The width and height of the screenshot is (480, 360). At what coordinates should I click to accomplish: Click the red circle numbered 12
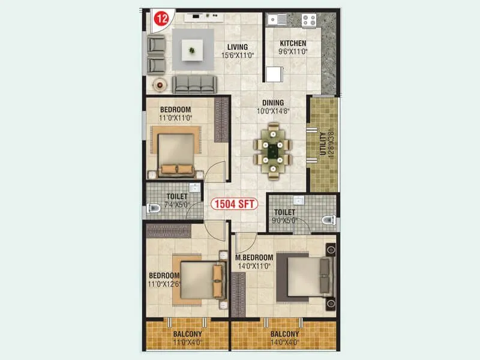point(160,19)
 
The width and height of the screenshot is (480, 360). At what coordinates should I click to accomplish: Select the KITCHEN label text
point(293,43)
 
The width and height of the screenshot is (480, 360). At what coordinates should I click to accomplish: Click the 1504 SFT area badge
point(234,204)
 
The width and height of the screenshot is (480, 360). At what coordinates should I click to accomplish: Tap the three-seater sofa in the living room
point(196,84)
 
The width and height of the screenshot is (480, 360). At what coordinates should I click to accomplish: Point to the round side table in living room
point(160,85)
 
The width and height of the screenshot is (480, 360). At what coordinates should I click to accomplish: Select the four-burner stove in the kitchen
point(308,20)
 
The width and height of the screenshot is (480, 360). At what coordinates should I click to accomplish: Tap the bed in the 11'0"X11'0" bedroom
point(176,154)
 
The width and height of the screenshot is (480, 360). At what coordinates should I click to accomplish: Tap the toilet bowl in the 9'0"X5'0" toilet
point(328,220)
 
